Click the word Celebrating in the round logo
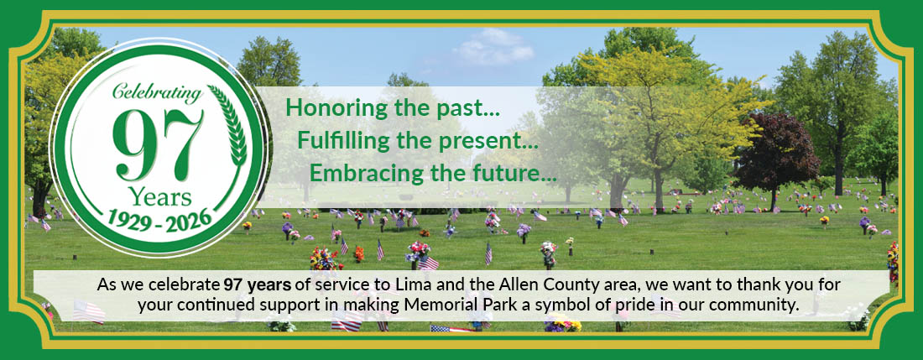coord(157,93)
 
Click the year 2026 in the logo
coord(188,221)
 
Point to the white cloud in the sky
coord(494,48)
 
